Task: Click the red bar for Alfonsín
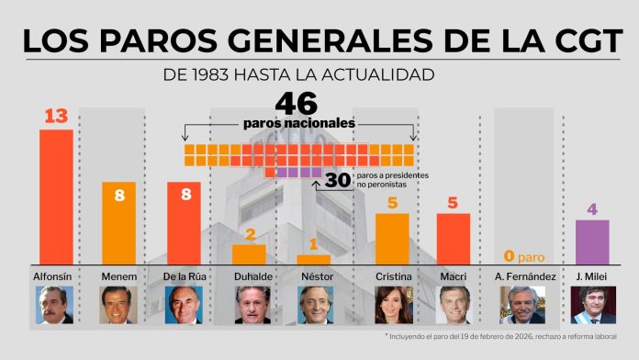56,197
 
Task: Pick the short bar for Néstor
314,259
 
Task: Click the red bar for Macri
453,239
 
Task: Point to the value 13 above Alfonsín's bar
56,117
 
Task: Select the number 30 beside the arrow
338,181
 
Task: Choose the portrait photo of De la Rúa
184,305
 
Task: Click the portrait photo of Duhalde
249,305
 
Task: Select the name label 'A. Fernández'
521,276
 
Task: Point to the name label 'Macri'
453,276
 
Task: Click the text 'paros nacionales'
298,123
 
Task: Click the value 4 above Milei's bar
592,208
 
